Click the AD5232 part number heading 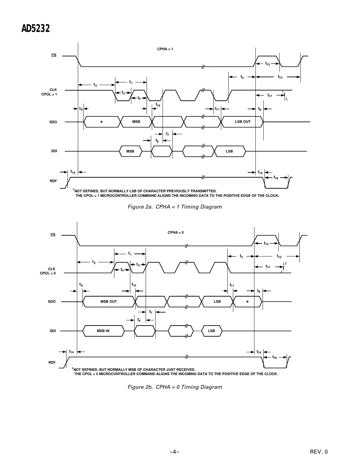tap(36, 29)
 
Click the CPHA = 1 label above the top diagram tap(165, 49)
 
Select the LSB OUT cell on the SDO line tap(243, 122)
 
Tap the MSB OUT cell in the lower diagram tap(108, 301)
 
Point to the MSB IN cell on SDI tap(103, 331)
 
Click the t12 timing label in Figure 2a tap(267, 64)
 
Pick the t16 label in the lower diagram tap(275, 357)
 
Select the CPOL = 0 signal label tap(48, 273)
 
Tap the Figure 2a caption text tap(175, 207)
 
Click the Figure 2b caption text tap(175, 387)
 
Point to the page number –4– tap(175, 452)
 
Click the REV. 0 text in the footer tap(319, 452)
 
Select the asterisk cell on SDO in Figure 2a tap(101, 122)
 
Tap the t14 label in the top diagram tap(73, 172)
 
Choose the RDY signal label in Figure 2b tap(52, 362)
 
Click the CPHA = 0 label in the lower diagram tap(176, 232)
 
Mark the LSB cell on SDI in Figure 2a tap(229, 151)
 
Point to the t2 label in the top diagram tap(95, 85)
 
